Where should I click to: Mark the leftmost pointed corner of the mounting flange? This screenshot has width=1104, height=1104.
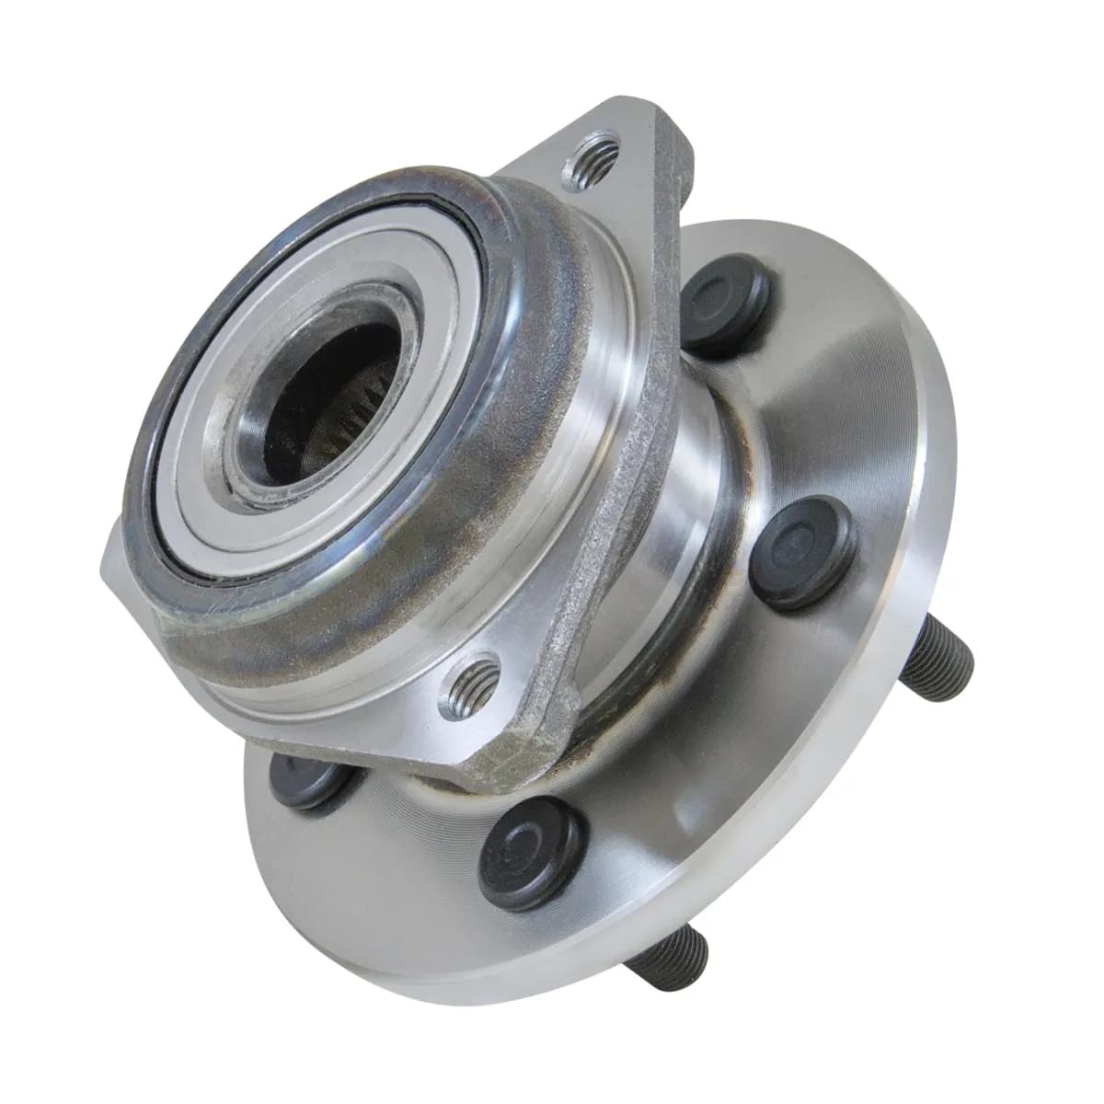pyautogui.click(x=104, y=563)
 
